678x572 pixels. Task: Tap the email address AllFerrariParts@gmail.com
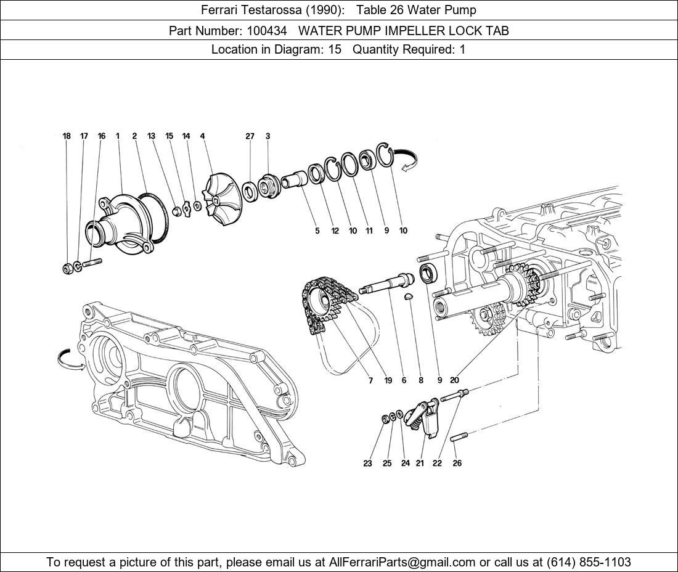coord(402,562)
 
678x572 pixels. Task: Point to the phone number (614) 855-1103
coord(588,562)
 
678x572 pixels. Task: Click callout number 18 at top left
coord(67,136)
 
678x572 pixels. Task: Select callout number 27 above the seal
coord(250,136)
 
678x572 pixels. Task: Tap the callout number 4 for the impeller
coord(202,136)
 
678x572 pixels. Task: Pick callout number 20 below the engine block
coord(454,380)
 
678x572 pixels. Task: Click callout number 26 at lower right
coord(457,463)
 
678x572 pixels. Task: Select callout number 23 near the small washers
coord(367,463)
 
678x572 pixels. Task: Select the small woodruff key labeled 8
coord(407,298)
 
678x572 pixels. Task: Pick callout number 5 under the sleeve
coord(317,231)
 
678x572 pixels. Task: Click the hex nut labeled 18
coord(67,268)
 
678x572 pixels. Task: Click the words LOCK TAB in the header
coord(476,30)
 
